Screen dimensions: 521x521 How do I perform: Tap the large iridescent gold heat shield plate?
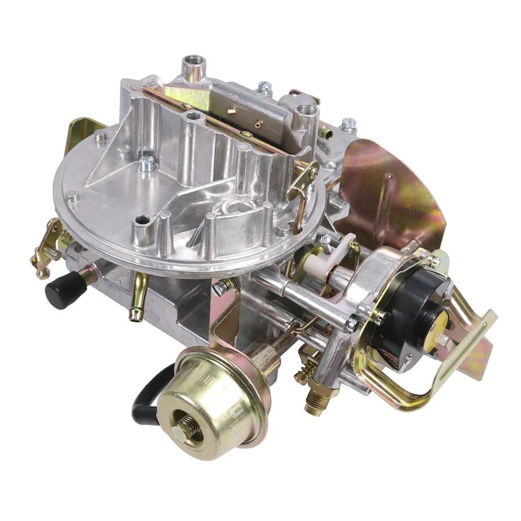(x=391, y=189)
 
